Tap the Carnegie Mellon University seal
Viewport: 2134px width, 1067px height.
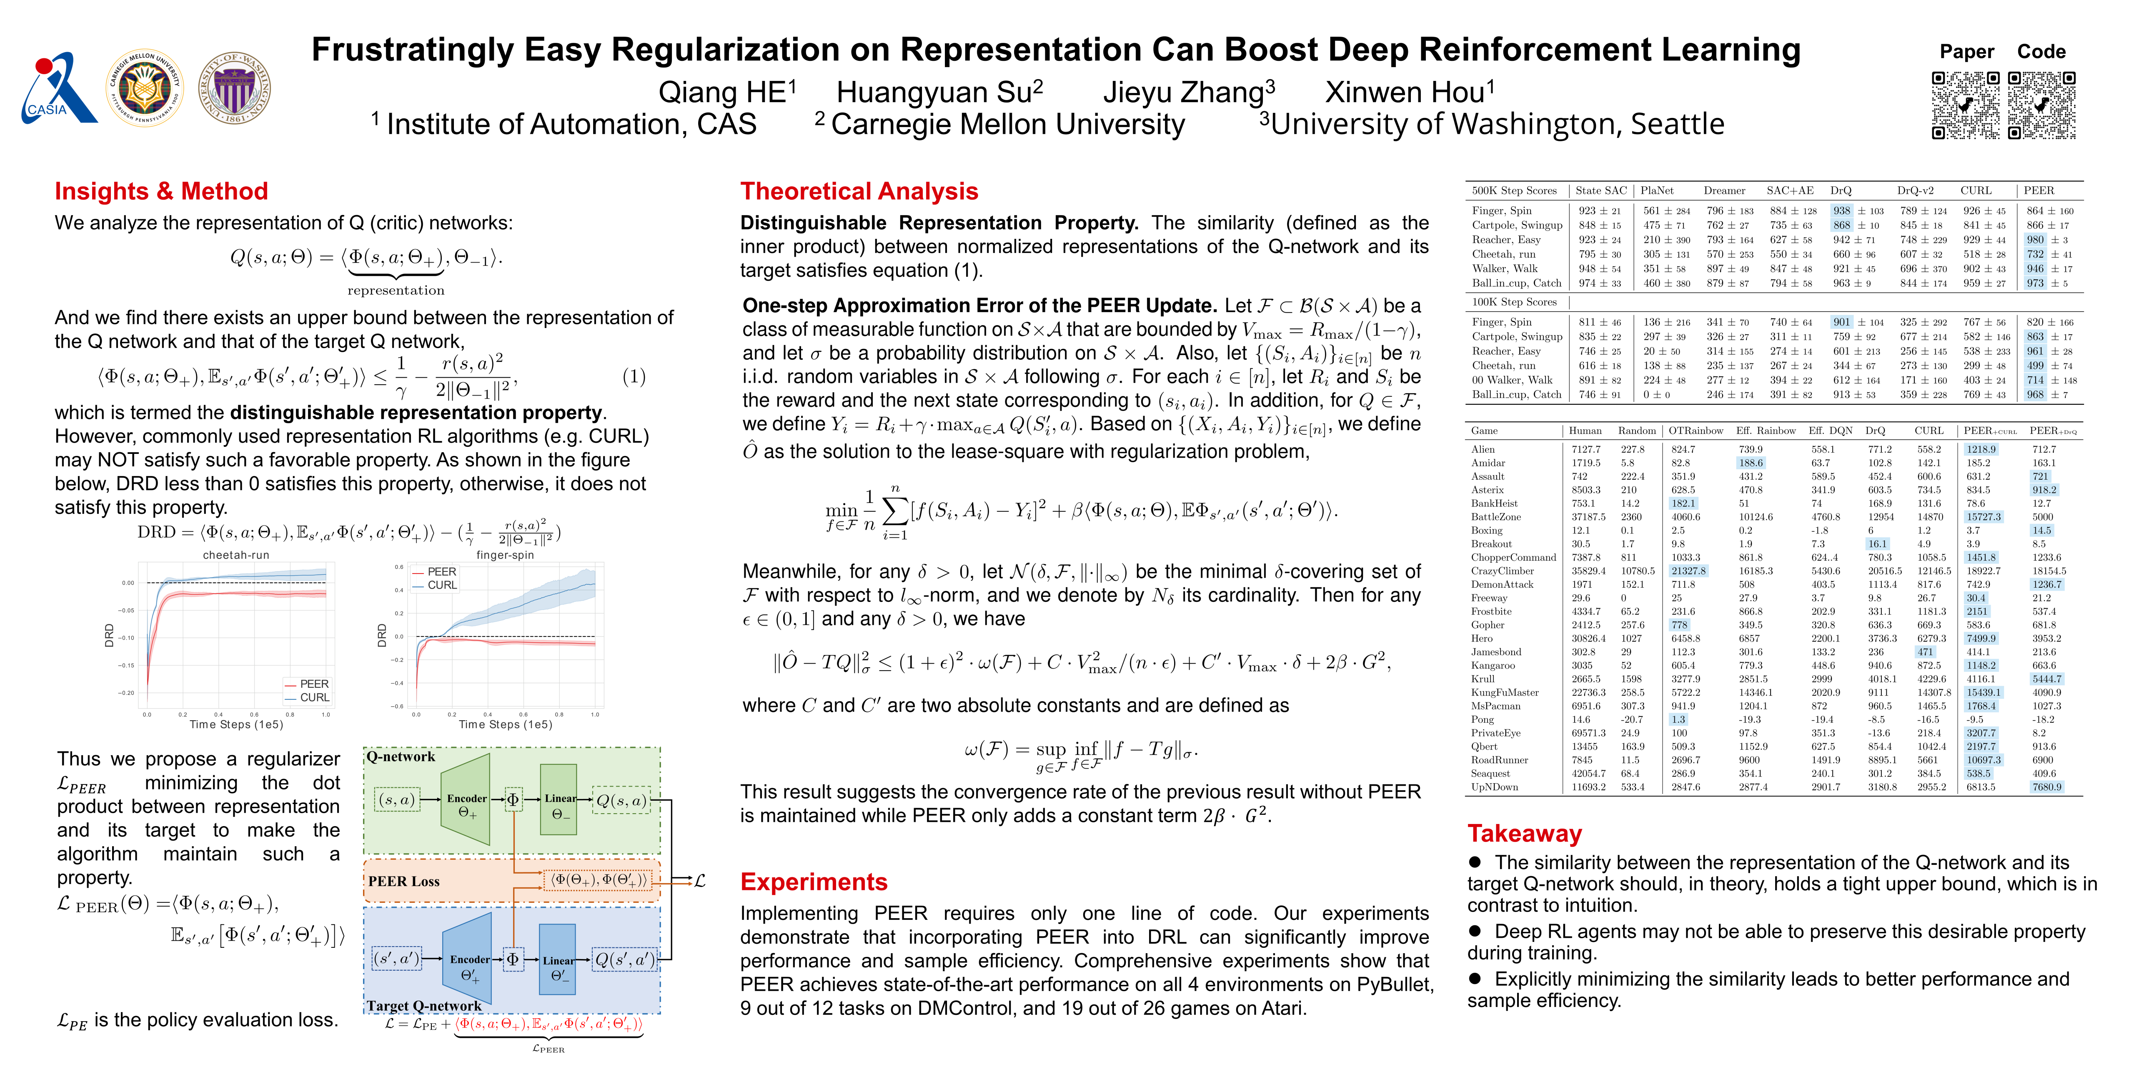point(145,89)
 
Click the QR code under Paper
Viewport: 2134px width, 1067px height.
point(1965,105)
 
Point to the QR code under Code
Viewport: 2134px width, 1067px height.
point(2041,105)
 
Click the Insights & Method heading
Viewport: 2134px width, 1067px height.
point(162,191)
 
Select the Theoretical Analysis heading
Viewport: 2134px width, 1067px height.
point(859,191)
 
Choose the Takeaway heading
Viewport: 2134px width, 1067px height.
point(1524,834)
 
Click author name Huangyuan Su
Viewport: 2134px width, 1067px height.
point(939,92)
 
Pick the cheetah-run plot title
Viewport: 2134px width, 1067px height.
point(236,555)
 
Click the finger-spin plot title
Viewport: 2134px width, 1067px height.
point(504,555)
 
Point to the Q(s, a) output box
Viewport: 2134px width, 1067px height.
point(621,800)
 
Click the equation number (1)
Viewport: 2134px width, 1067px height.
point(634,377)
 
